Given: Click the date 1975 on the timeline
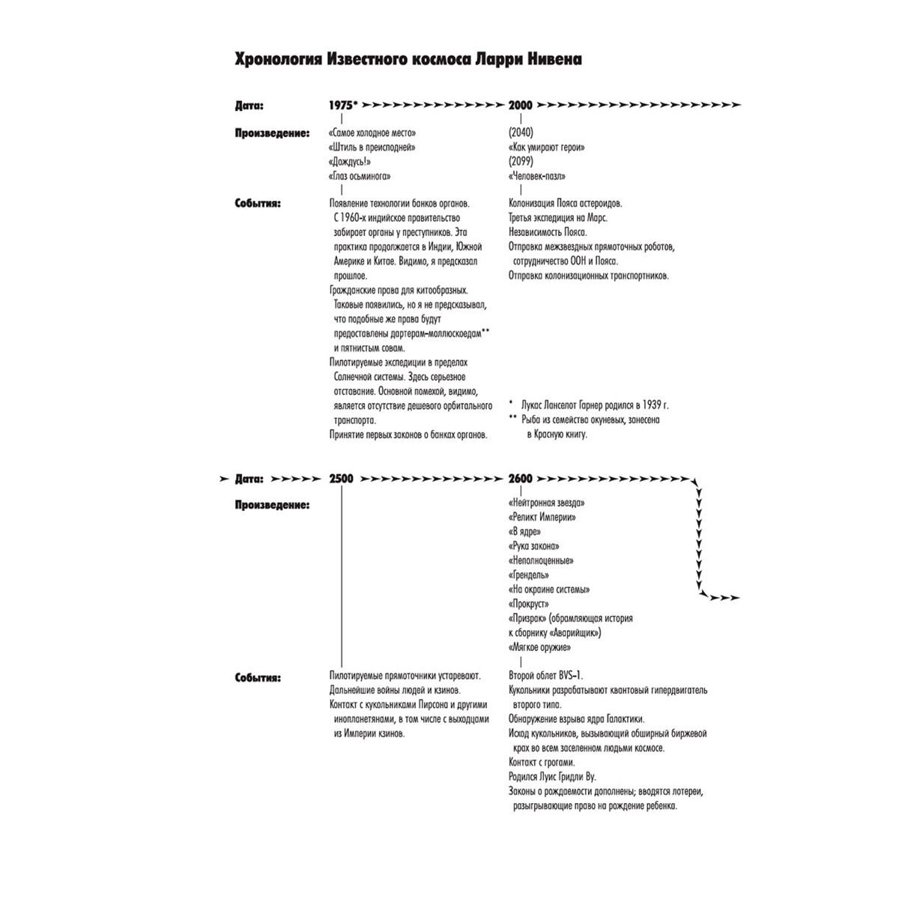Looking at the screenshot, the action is (341, 106).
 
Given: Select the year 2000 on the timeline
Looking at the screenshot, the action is (520, 106).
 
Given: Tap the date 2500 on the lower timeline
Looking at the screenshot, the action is (341, 479).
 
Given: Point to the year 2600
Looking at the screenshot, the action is (520, 479).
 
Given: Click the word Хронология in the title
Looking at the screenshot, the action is (278, 60).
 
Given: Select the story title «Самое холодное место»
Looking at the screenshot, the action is (372, 133).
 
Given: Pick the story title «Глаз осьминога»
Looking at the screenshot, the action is (360, 176).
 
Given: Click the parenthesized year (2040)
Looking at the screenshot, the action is (521, 133).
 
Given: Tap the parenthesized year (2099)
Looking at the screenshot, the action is (521, 161).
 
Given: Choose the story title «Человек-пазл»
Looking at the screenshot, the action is (537, 176).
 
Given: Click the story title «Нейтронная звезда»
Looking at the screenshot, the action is (546, 503).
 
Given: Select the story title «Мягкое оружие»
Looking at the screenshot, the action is (539, 647).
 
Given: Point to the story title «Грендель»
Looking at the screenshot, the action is (529, 575).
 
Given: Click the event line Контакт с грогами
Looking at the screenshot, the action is (542, 763).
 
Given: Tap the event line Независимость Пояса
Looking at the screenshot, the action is (548, 232).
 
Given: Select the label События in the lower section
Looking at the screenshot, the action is (258, 678).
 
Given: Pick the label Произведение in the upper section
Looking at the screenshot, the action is (273, 133).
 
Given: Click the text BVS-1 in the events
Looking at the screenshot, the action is (571, 676).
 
